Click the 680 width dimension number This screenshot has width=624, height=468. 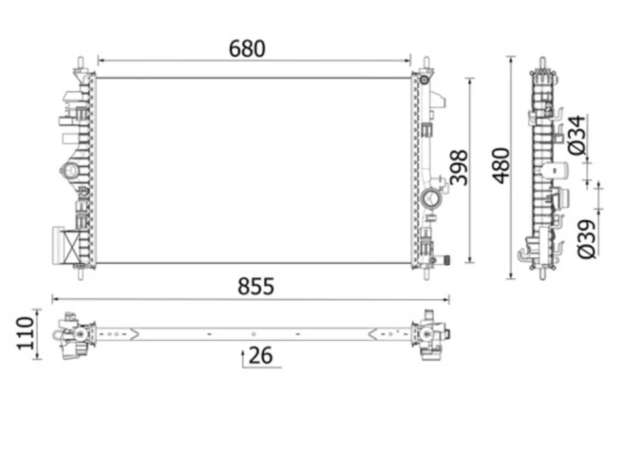[247, 49]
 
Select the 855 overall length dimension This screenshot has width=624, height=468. [255, 286]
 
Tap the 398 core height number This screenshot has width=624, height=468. [459, 168]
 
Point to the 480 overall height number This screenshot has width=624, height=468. [502, 165]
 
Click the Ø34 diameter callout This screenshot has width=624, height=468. [577, 135]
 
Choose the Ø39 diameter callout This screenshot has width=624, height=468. [586, 239]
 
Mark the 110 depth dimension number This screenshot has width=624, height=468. [25, 334]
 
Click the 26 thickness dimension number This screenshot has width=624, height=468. [260, 355]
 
